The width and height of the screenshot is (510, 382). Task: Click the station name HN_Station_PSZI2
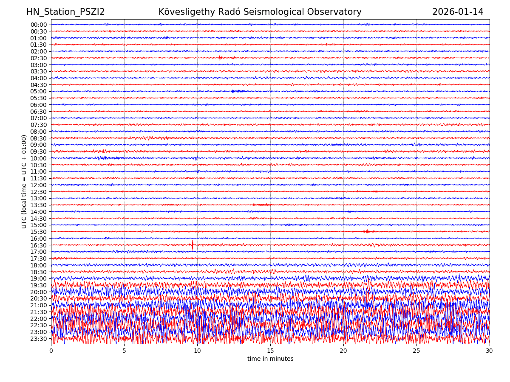point(65,12)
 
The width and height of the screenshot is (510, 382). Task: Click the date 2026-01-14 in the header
point(458,12)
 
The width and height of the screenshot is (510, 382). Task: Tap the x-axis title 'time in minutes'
point(270,359)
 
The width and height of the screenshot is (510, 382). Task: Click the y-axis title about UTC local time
point(24,181)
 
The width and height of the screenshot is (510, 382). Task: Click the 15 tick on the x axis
point(270,351)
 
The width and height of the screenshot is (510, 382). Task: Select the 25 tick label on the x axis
point(416,351)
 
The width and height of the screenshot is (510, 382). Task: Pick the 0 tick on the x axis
point(51,351)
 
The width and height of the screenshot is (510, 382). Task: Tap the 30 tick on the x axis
point(490,351)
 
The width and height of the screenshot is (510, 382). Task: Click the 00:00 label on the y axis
point(39,25)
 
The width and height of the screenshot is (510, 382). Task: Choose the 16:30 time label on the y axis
point(39,245)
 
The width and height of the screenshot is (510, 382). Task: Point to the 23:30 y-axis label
point(39,339)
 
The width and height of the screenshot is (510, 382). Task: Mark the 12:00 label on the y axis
point(39,185)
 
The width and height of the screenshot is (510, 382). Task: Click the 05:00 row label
point(39,91)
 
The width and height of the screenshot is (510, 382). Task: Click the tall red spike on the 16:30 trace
point(192,244)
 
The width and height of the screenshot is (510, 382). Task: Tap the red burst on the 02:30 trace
point(220,57)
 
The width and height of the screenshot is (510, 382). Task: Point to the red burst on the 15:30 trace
point(366,231)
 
